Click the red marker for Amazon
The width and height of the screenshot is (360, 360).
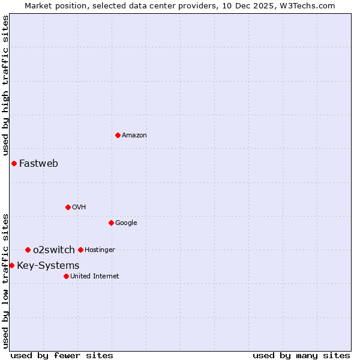[x=118, y=135]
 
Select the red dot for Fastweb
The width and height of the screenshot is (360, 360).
[x=14, y=163]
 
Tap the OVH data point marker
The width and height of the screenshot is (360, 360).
[x=68, y=207]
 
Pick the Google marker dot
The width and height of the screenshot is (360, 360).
[x=111, y=223]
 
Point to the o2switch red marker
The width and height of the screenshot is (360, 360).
[x=28, y=250]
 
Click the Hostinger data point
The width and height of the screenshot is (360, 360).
[x=80, y=250]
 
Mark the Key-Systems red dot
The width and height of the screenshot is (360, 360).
[x=11, y=265]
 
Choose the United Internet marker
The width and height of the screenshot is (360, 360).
[x=66, y=276]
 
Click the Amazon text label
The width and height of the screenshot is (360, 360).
[x=134, y=136]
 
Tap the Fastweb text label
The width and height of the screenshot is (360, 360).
[x=38, y=163]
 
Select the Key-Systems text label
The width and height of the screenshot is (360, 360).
[x=48, y=266]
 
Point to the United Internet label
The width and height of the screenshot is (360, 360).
[x=94, y=277]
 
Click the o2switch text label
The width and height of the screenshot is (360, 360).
[x=54, y=250]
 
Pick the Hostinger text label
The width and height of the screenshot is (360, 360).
[x=100, y=250]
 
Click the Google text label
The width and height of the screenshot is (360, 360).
[x=126, y=223]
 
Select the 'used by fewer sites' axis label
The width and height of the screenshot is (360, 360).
[x=62, y=356]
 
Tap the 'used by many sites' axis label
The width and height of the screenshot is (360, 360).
[x=301, y=356]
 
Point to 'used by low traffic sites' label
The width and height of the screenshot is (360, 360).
[x=5, y=281]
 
